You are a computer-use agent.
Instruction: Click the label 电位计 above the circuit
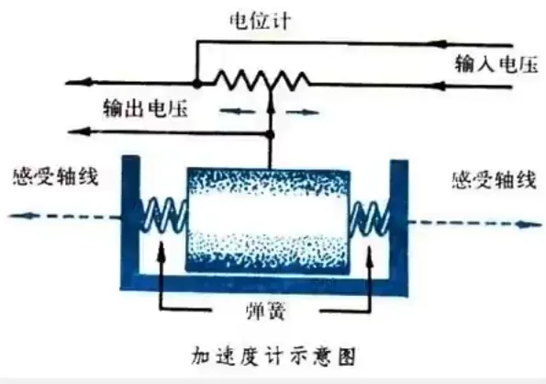click(260, 20)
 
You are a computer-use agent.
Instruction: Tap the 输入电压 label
click(496, 64)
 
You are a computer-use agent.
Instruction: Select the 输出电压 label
click(145, 108)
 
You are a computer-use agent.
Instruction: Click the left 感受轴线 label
click(56, 176)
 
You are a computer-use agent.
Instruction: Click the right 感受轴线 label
click(494, 180)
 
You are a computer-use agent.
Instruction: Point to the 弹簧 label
click(266, 311)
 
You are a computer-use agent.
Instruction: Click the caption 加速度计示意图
click(273, 356)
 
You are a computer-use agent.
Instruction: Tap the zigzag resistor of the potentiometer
click(262, 81)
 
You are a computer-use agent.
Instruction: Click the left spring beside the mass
click(163, 215)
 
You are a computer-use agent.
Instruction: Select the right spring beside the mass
click(370, 217)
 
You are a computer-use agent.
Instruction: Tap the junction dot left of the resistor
click(196, 84)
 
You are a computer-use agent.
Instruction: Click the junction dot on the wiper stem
click(270, 134)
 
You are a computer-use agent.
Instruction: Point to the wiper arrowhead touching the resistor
click(271, 104)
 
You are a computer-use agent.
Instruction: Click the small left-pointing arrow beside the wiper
click(238, 111)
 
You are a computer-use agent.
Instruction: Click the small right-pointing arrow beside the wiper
click(302, 112)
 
